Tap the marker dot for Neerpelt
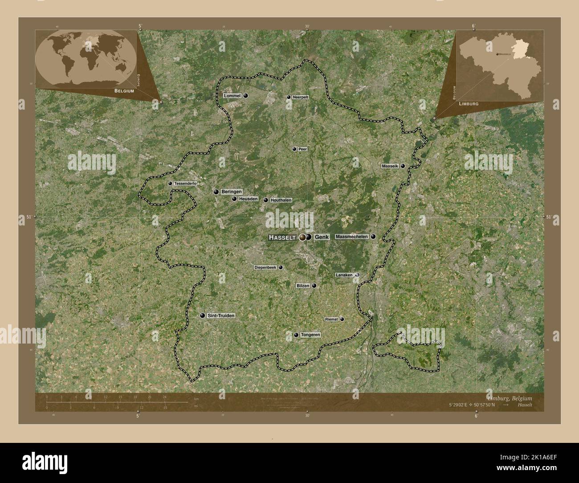[289, 97]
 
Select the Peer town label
[303, 149]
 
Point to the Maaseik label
[390, 166]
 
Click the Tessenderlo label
[186, 184]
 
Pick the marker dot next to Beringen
[216, 192]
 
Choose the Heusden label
[248, 199]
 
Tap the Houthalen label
[281, 201]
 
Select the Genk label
[322, 237]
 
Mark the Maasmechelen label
[352, 237]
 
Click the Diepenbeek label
[265, 268]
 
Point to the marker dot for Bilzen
[314, 286]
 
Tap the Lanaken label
[344, 275]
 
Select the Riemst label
[332, 319]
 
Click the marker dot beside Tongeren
[296, 335]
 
